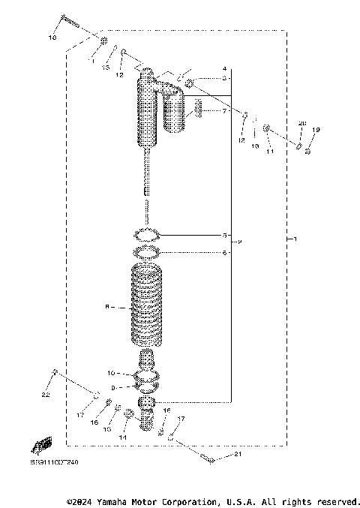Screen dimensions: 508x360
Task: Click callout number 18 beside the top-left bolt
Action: coord(52,37)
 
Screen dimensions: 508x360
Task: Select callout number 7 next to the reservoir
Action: coord(224,111)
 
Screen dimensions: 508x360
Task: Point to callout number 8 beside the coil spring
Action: coord(109,306)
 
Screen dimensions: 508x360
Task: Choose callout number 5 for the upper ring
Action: coord(224,235)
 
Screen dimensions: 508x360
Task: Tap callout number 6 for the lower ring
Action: coord(224,253)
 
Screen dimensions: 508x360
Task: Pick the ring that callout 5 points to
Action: coord(148,235)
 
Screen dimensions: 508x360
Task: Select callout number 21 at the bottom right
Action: coord(238,455)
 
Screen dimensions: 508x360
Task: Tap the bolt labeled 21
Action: coord(208,459)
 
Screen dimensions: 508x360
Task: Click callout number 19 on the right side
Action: coord(316,131)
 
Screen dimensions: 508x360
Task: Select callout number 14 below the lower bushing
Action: coord(124,436)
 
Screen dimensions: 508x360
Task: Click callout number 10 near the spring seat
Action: coord(111,372)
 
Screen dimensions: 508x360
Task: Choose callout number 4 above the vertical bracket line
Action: coord(224,69)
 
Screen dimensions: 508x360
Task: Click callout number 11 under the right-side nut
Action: coord(270,152)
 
